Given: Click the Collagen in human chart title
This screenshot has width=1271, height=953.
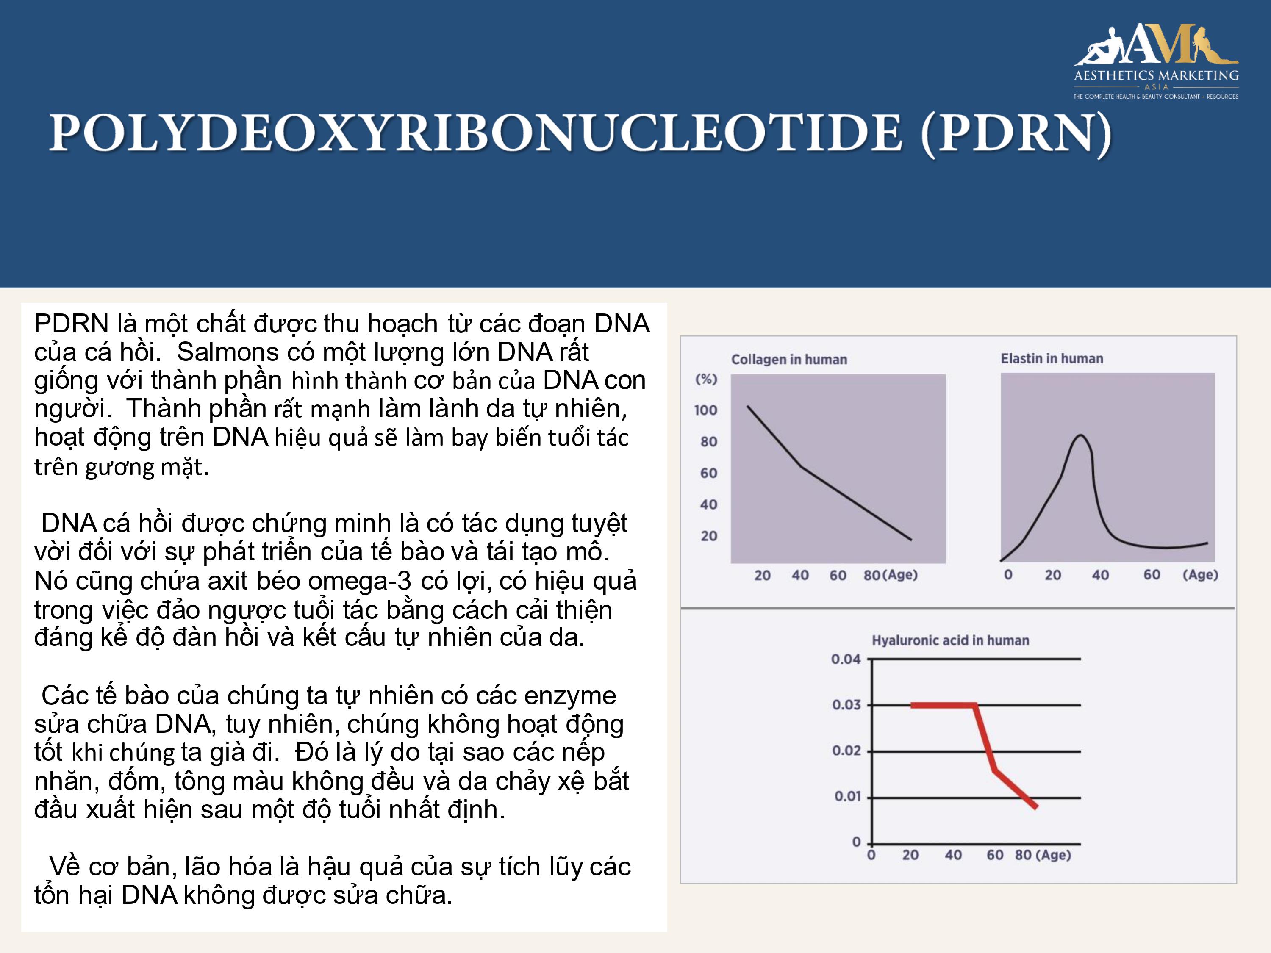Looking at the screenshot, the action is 789,360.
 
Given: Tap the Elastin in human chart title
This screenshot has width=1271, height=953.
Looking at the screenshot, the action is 1052,358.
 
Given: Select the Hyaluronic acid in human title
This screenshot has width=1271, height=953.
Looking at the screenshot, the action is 950,640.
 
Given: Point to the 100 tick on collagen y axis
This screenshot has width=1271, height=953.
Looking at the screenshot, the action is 705,410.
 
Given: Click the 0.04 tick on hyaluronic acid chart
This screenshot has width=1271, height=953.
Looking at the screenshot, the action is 846,659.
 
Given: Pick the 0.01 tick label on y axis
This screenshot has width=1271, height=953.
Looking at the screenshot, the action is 847,796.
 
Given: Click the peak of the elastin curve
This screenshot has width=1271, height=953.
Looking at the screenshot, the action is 1081,435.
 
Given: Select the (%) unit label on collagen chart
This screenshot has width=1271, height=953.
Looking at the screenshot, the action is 706,379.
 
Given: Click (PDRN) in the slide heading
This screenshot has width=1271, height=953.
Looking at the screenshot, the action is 1016,135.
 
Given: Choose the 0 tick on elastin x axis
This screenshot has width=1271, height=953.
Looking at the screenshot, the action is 1008,574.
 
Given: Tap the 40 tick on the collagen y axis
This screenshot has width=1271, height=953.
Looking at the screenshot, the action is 708,504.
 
